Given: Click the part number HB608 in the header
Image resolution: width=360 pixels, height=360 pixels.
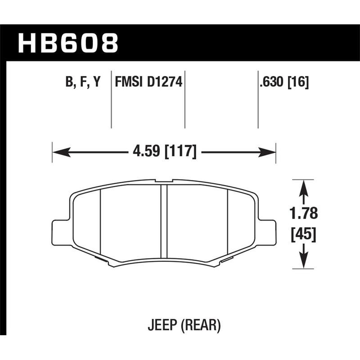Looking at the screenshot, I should pyautogui.click(x=68, y=44).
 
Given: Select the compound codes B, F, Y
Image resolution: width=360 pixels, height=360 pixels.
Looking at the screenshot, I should pyautogui.click(x=82, y=82).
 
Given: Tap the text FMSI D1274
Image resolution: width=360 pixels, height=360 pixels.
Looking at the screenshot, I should pyautogui.click(x=148, y=82).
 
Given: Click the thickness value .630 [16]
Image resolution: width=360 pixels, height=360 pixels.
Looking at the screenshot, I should pyautogui.click(x=283, y=82).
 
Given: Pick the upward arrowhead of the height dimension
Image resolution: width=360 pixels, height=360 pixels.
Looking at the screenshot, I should pyautogui.click(x=304, y=186).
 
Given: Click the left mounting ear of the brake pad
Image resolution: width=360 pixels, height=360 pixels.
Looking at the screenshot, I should pyautogui.click(x=60, y=232).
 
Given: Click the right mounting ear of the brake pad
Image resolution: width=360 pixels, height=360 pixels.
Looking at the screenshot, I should pyautogui.click(x=267, y=232).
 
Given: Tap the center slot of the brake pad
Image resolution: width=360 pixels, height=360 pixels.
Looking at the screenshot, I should pyautogui.click(x=164, y=223).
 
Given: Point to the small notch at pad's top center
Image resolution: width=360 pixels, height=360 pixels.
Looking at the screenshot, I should pyautogui.click(x=164, y=181).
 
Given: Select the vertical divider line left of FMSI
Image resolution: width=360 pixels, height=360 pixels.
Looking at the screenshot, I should pyautogui.click(x=111, y=99).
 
